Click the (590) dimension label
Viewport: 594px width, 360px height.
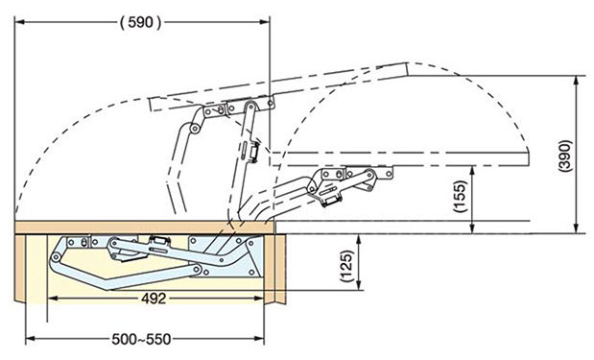pyautogui.click(x=140, y=23)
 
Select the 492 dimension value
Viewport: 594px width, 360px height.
pyautogui.click(x=154, y=299)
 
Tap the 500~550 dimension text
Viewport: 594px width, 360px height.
pyautogui.click(x=141, y=339)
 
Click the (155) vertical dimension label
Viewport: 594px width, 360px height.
pyautogui.click(x=461, y=196)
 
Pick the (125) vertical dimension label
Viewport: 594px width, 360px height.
pyautogui.click(x=347, y=267)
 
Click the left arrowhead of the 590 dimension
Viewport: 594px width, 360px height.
pyautogui.click(x=19, y=22)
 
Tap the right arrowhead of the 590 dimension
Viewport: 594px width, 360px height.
pyautogui.click(x=265, y=22)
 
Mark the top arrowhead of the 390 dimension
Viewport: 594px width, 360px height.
pyautogui.click(x=576, y=80)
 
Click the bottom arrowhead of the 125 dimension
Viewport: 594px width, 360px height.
pyautogui.click(x=358, y=286)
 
